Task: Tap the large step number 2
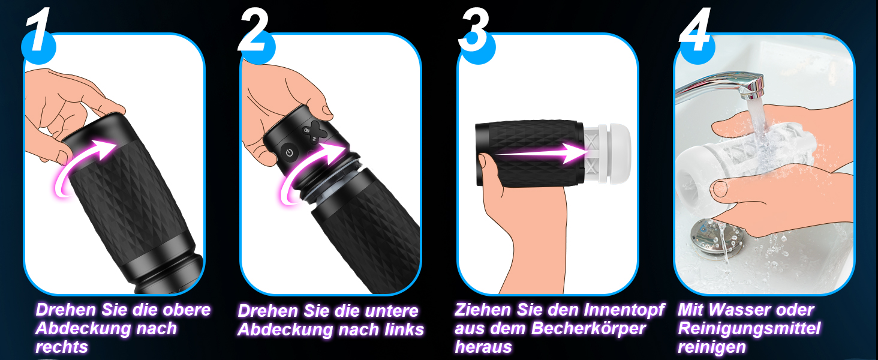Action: click(254, 31)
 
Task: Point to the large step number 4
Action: click(694, 30)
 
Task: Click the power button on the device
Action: click(289, 152)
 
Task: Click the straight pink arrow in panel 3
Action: click(540, 153)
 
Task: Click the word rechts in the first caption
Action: click(62, 347)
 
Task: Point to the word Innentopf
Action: click(623, 310)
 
